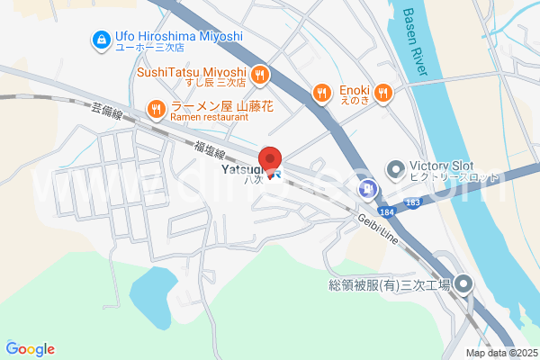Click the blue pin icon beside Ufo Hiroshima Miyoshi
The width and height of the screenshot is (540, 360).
pyautogui.click(x=100, y=40)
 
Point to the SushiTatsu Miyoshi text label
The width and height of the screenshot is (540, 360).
pyautogui.click(x=191, y=73)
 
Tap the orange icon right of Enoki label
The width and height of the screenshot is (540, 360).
pyautogui.click(x=382, y=92)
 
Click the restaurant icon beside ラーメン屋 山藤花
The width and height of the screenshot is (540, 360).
pyautogui.click(x=156, y=110)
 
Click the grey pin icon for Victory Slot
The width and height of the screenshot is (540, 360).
pyautogui.click(x=395, y=168)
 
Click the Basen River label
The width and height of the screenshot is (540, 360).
pyautogui.click(x=415, y=41)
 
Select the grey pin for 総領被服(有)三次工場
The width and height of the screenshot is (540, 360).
pyautogui.click(x=463, y=285)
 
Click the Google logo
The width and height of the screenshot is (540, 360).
pyautogui.click(x=31, y=349)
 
